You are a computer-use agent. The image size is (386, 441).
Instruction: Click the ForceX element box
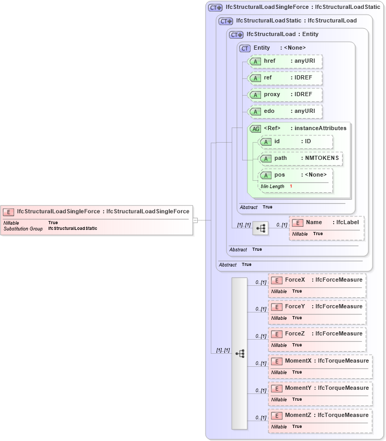[x=317, y=285]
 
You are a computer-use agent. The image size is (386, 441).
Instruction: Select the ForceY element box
[x=317, y=312]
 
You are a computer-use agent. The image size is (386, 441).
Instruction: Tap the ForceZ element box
[x=317, y=340]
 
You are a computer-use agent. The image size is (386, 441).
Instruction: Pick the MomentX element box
[x=320, y=367]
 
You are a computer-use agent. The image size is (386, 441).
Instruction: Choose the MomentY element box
[x=320, y=394]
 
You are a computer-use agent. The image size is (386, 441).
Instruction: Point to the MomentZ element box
[x=320, y=421]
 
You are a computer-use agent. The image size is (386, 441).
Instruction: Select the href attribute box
[x=285, y=61]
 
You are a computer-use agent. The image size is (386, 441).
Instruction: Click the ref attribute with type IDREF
[x=285, y=78]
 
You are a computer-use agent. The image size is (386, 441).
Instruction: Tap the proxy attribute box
[x=285, y=95]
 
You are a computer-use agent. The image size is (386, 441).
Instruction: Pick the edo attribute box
[x=285, y=111]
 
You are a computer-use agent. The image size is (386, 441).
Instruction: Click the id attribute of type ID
[x=296, y=142]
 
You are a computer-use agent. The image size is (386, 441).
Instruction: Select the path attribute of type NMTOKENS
[x=301, y=158]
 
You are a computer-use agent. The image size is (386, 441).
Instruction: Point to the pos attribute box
[x=296, y=175]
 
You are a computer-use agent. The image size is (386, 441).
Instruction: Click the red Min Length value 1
[x=291, y=187]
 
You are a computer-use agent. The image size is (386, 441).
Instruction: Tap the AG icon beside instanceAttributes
[x=256, y=129]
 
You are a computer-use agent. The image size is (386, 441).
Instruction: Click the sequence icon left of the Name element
[x=260, y=228]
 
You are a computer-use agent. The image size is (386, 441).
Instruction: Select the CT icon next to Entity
[x=245, y=48]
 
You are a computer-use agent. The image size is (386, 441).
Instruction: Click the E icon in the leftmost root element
[x=8, y=212]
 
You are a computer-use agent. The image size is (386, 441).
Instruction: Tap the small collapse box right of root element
[x=195, y=220]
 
